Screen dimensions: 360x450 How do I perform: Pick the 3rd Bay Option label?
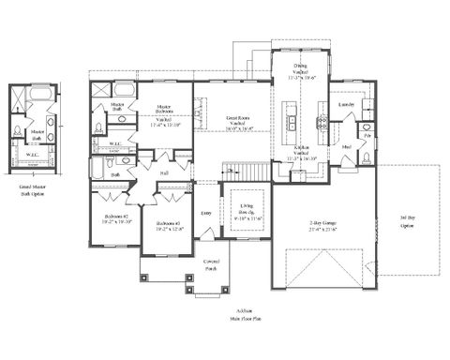click(406, 223)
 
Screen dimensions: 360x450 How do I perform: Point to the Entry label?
click(206, 213)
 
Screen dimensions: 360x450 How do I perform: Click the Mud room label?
click(346, 149)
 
